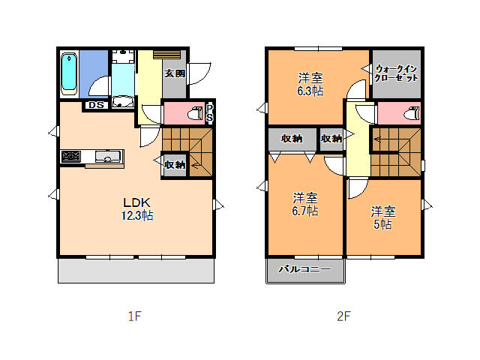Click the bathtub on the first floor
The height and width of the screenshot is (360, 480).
click(69, 74)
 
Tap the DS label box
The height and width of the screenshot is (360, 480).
click(96, 105)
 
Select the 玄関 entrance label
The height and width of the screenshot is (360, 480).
click(175, 73)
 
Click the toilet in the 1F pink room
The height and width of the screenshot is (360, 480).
click(196, 113)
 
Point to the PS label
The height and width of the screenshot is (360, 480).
click(210, 113)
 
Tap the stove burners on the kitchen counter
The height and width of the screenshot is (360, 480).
click(70, 157)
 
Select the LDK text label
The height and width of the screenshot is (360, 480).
click(136, 202)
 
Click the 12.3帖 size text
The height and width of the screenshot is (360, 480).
click(137, 215)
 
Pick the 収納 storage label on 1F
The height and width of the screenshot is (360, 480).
click(175, 165)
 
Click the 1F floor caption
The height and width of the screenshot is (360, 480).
click(134, 316)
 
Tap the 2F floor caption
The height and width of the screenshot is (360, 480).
click(343, 316)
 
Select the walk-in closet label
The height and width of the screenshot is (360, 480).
click(396, 73)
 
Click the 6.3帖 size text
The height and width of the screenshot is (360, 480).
click(310, 91)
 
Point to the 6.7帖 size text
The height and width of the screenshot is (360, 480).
click(305, 211)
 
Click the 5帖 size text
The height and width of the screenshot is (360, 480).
click(382, 224)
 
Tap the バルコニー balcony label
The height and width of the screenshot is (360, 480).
click(305, 269)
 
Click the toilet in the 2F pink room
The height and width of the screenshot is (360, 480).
click(412, 113)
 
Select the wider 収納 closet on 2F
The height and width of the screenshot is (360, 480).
click(292, 139)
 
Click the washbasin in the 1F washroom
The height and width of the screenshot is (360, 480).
click(123, 102)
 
